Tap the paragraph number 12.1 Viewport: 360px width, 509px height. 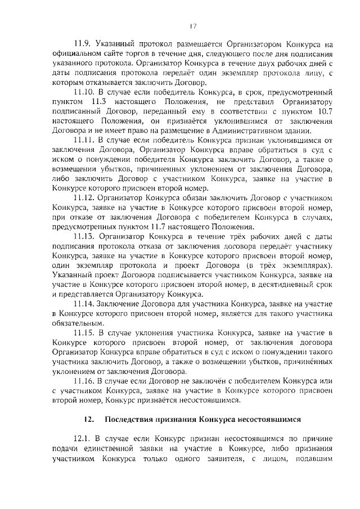(82, 438)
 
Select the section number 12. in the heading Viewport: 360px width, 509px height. (88, 419)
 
